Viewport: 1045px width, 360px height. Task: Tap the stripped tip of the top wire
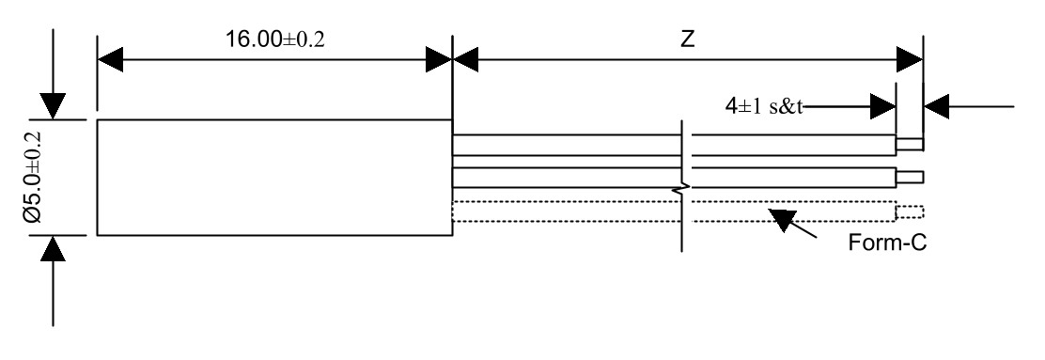910,144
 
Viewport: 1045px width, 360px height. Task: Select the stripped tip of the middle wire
910,177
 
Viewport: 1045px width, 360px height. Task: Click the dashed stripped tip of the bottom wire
910,211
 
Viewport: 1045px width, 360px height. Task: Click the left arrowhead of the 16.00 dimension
110,59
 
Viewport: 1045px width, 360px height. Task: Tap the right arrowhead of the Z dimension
908,59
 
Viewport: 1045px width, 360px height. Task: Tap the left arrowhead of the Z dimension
466,59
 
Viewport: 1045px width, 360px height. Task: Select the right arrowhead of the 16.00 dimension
439,59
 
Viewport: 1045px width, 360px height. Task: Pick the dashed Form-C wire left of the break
564,211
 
